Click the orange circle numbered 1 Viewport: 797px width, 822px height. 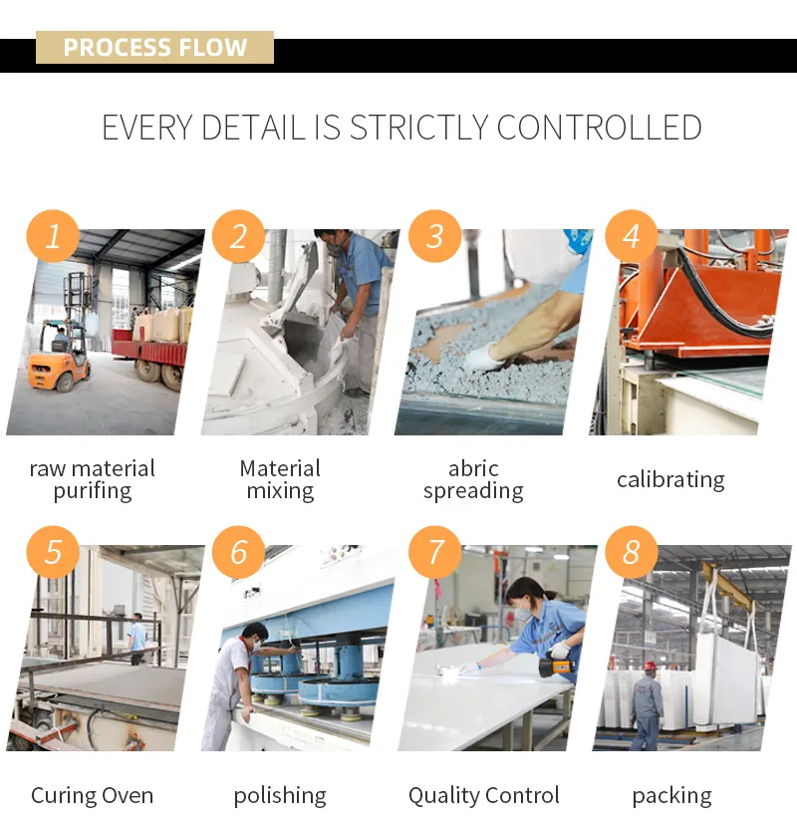click(53, 236)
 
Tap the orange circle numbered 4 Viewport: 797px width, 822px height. click(632, 236)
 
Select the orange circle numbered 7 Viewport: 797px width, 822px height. click(434, 552)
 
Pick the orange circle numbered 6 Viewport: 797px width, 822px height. click(238, 552)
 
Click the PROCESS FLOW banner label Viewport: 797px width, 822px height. click(154, 47)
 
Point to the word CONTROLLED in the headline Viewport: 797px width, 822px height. click(600, 128)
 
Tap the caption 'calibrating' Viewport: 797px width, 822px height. click(670, 480)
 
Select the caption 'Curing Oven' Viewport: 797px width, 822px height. click(93, 795)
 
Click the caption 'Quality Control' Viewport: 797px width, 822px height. click(484, 796)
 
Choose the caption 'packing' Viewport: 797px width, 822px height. click(671, 796)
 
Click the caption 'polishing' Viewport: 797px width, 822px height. click(280, 796)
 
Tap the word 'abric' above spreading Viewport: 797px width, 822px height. click(473, 468)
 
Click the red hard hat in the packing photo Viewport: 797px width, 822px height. click(651, 666)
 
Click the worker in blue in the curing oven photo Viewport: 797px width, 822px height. click(137, 638)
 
